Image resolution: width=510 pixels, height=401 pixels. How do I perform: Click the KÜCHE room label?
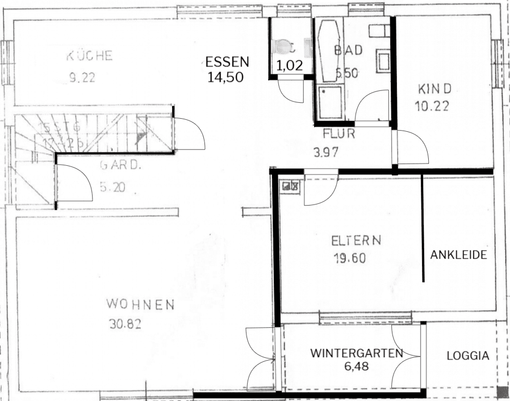coord(90,56)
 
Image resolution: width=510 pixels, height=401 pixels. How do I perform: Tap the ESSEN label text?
coord(227,62)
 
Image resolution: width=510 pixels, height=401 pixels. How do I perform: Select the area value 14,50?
coord(225,77)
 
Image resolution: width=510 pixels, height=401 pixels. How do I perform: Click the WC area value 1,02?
coord(289,65)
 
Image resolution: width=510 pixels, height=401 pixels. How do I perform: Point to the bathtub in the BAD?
coord(326,51)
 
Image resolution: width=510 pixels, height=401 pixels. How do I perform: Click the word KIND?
coord(434,89)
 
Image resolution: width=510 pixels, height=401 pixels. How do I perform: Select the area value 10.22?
coord(435,106)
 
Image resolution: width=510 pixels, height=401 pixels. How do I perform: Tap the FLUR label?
coord(338,135)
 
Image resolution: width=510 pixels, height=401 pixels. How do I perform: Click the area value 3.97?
coord(325,152)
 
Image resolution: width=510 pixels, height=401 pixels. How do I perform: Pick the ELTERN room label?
coord(356,241)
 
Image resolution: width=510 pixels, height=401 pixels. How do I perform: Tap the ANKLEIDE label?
coord(458,255)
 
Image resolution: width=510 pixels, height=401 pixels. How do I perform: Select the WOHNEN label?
coord(140,306)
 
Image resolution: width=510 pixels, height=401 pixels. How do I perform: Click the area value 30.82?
coord(124,325)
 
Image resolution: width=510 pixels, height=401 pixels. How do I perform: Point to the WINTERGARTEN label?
coord(357,353)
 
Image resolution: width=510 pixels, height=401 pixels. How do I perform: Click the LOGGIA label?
coord(467,356)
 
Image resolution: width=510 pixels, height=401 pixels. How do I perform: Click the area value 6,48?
coord(356,366)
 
